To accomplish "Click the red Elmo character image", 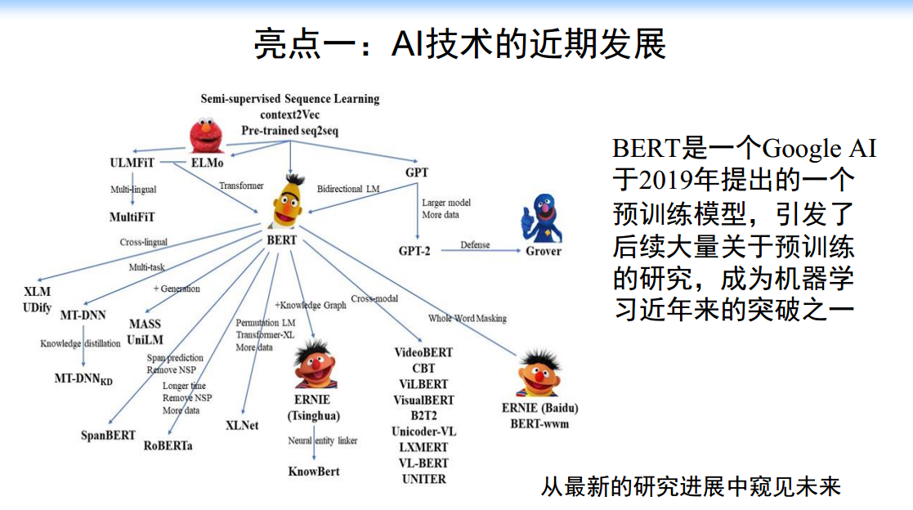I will click(x=206, y=135).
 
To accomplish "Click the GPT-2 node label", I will click(x=414, y=250).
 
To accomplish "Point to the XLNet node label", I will click(x=242, y=425).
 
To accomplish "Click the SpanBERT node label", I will click(x=108, y=435).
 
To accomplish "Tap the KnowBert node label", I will click(x=314, y=471).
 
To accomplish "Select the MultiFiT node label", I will click(x=132, y=217).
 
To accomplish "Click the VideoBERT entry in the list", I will click(x=423, y=353).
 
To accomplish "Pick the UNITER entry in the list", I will click(x=423, y=479).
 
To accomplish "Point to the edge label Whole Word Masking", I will click(x=467, y=318).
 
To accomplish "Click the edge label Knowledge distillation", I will click(x=80, y=343).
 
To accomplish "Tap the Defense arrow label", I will click(x=475, y=244).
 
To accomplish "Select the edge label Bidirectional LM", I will click(x=348, y=189).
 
